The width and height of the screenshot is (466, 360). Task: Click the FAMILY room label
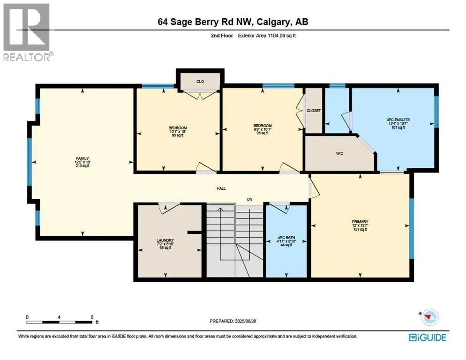(x=83, y=158)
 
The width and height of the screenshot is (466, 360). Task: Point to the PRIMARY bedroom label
(x=360, y=222)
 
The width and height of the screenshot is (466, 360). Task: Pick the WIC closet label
(x=340, y=153)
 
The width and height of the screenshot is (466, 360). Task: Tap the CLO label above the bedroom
(x=200, y=81)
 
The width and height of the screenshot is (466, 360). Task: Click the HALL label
(x=221, y=188)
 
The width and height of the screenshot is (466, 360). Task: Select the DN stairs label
(x=250, y=199)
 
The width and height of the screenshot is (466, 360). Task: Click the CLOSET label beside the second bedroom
(x=314, y=111)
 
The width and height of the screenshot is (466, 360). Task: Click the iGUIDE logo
(x=427, y=337)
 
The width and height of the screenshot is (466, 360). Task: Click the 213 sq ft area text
(x=83, y=166)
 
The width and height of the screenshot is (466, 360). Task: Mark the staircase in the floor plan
(x=235, y=239)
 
